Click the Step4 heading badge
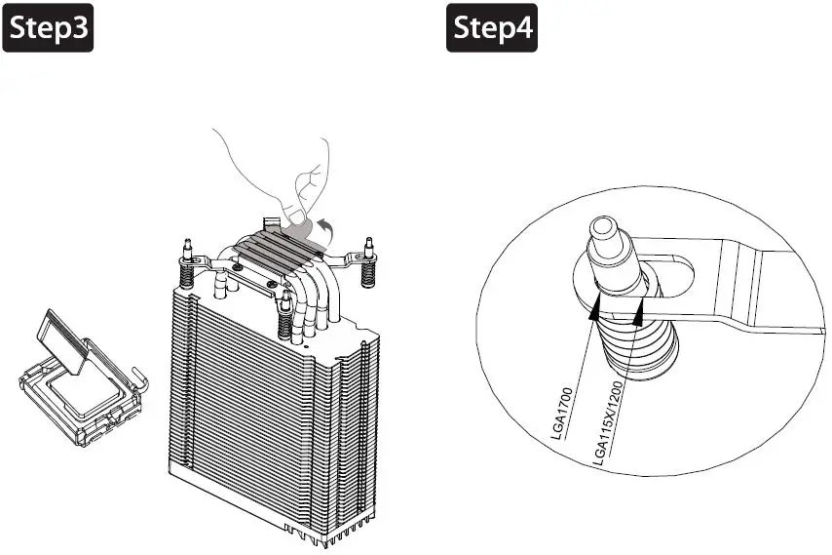click(x=494, y=31)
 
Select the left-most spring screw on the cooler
click(x=185, y=258)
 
